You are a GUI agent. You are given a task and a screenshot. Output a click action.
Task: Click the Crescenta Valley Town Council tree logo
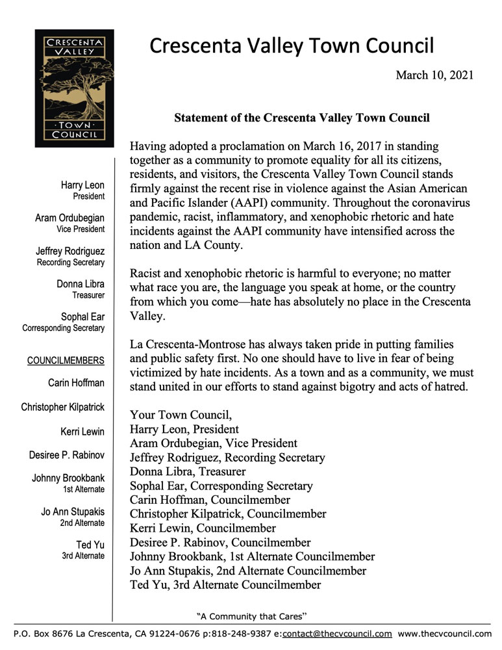[x=74, y=88]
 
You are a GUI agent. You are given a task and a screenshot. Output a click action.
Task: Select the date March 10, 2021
[x=434, y=75]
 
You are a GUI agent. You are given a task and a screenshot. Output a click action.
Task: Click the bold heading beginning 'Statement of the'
[x=302, y=118]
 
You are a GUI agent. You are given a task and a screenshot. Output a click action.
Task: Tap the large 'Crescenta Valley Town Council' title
[x=292, y=46]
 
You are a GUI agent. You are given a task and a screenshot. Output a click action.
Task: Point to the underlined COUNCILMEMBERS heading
[x=66, y=360]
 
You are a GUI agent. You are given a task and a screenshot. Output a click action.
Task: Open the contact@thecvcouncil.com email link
[x=337, y=633]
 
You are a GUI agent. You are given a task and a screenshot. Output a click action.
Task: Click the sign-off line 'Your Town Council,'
[x=180, y=415]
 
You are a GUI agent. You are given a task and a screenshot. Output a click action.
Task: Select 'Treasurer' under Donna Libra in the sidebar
[x=88, y=294]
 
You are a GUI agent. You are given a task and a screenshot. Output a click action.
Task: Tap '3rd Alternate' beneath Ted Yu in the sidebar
[x=83, y=556]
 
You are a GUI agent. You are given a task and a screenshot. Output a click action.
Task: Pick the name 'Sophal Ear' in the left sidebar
[x=82, y=317]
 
